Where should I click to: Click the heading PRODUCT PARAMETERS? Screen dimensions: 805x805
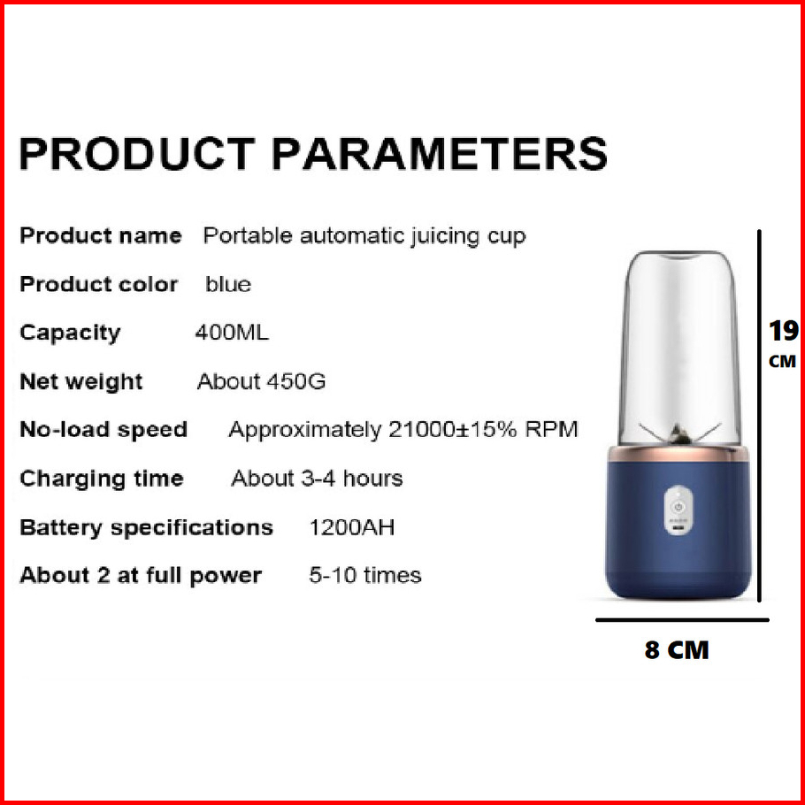313,154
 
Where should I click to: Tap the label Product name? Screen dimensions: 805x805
101,235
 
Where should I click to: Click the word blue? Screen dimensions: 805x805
228,284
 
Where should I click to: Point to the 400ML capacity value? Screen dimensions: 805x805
232,333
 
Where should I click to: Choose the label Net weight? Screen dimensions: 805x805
81,382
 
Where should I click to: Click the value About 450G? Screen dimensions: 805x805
261,381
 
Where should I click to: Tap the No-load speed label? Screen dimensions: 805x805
103,430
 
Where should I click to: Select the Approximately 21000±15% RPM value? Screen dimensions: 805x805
403,430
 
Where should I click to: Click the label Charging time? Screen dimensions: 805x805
102,479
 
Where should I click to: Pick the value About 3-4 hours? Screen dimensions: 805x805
317,479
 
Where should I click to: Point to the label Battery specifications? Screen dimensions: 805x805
146,528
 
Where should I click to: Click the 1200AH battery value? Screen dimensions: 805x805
352,527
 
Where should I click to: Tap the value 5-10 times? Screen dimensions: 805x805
365,575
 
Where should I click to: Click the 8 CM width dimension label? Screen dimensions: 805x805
677,650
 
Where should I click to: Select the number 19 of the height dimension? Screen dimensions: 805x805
784,331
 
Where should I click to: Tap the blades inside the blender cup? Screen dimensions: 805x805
678,434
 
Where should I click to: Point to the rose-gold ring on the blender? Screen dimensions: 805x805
678,454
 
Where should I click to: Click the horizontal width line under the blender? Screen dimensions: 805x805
682,620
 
